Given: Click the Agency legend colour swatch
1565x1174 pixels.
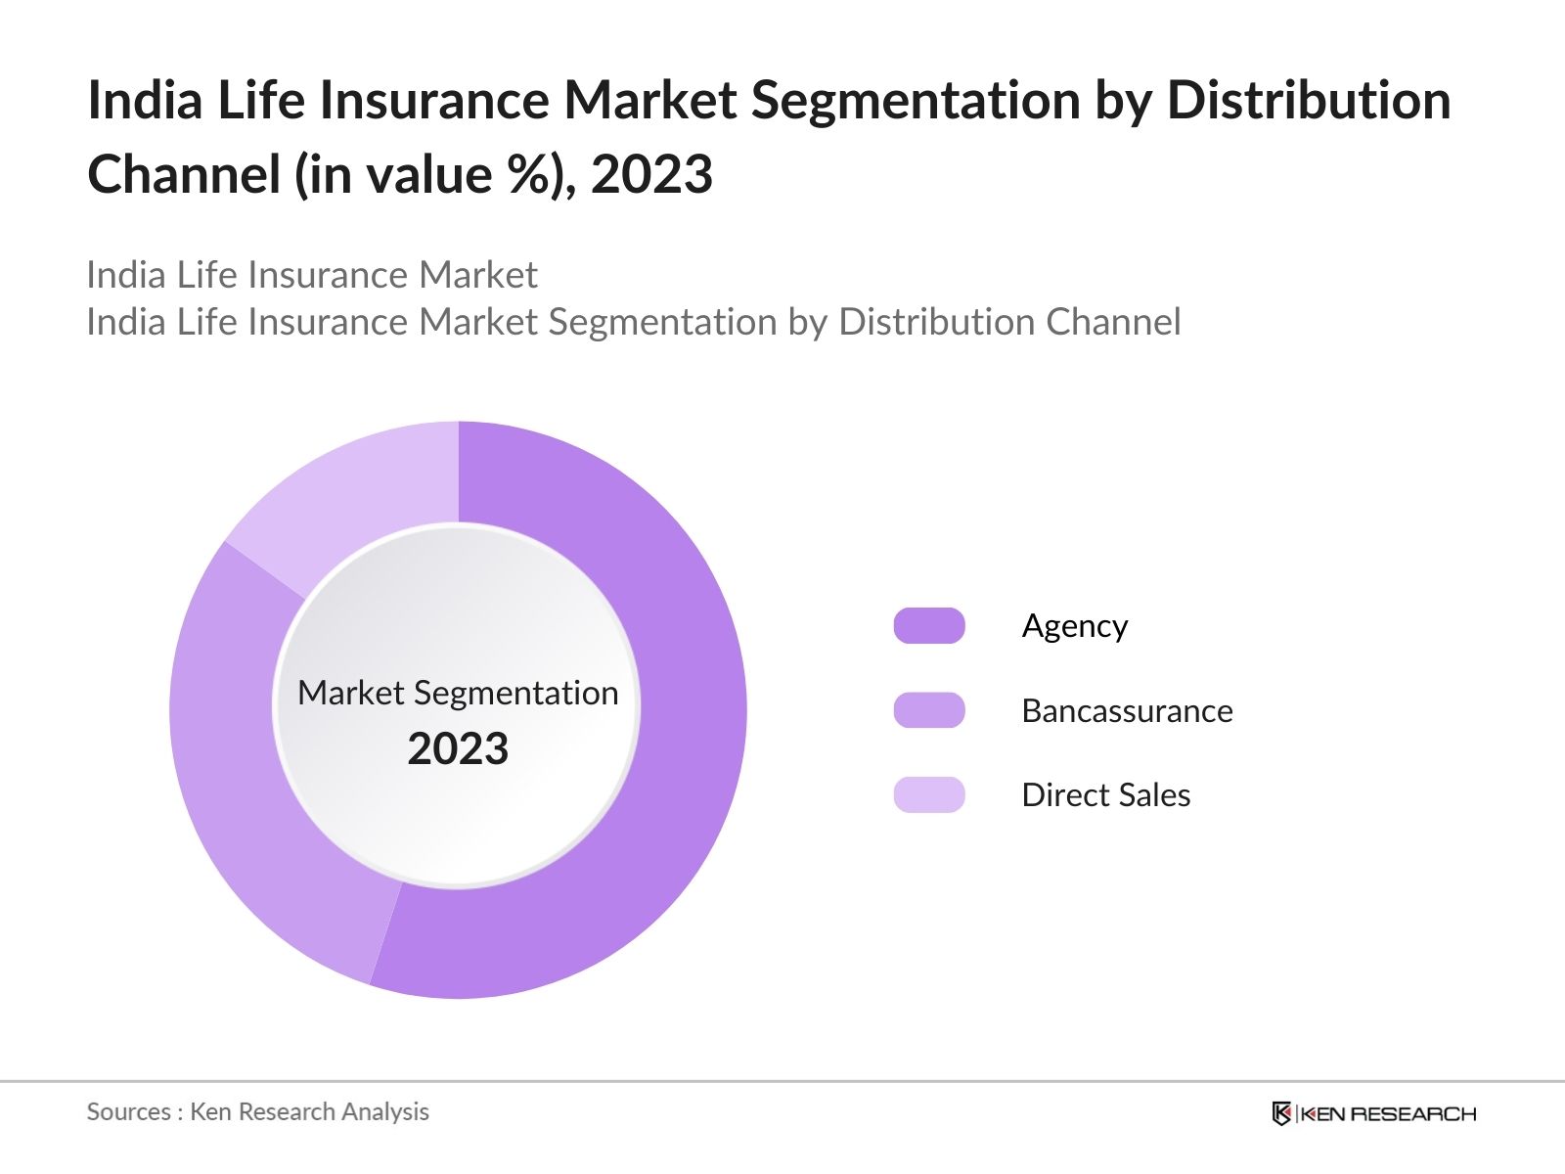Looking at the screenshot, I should click(929, 626).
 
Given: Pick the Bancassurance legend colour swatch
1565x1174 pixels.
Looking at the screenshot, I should click(929, 710).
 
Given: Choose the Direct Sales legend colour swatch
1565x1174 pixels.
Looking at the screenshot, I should click(929, 794).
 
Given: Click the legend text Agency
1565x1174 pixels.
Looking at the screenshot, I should click(1074, 626).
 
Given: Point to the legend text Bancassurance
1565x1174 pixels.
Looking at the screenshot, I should click(1127, 710).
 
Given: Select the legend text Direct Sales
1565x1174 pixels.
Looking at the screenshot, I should click(1105, 794).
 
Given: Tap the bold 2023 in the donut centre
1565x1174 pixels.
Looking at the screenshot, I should click(458, 749).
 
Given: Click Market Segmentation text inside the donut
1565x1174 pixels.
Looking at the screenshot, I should click(458, 693).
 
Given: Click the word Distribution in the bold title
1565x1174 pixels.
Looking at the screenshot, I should click(1309, 101).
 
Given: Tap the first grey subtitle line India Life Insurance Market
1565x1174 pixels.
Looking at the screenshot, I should click(311, 275).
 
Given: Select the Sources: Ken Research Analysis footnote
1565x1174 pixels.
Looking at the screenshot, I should click(257, 1111).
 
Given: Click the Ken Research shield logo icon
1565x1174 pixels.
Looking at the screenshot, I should click(1281, 1113).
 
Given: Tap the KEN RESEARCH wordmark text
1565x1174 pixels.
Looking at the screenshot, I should click(1388, 1113).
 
